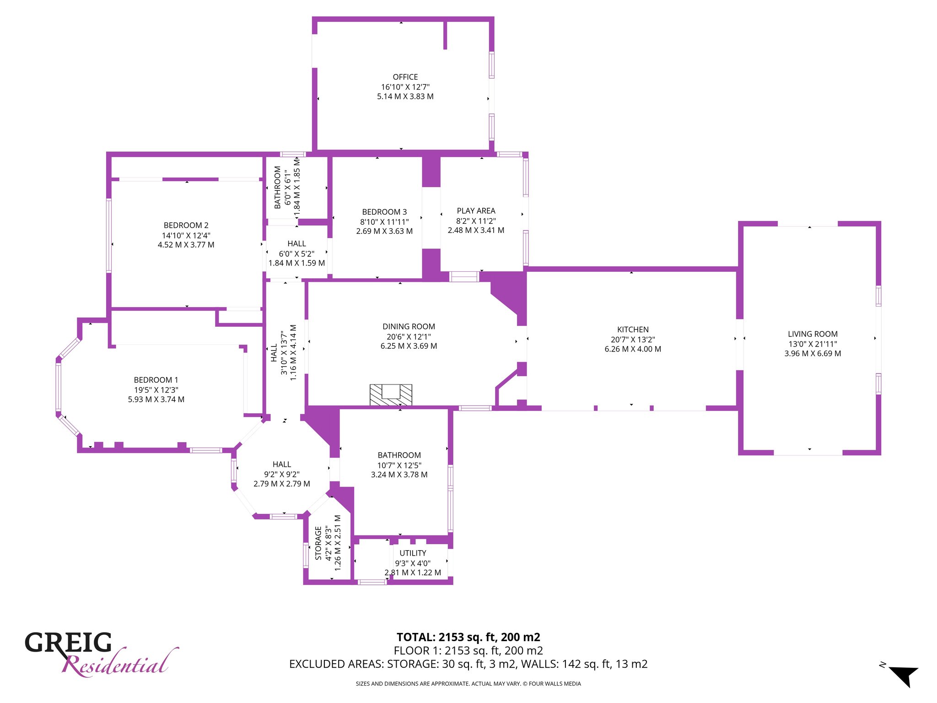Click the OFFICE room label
point(405,77)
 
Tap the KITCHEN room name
point(633,330)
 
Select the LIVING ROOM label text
point(813,334)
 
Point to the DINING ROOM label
point(409,326)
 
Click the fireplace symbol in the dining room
point(391,395)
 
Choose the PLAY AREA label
point(476,211)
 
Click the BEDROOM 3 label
point(384,212)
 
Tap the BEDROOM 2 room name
point(186,225)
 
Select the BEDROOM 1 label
point(156,380)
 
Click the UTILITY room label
point(413,553)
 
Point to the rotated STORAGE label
point(318,543)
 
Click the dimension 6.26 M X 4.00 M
point(633,349)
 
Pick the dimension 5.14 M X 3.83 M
point(405,96)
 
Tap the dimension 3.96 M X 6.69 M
point(813,353)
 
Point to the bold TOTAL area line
point(468,637)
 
